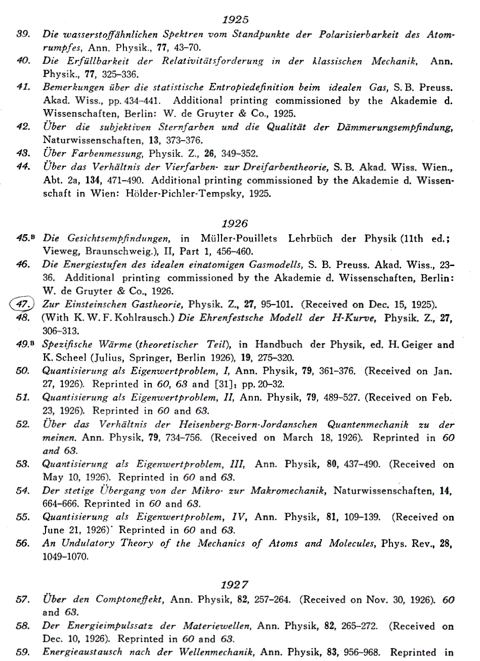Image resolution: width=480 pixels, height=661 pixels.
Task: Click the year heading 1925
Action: click(x=235, y=20)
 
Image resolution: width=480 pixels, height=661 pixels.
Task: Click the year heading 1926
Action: click(x=235, y=223)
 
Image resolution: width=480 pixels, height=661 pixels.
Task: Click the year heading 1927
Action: click(x=235, y=585)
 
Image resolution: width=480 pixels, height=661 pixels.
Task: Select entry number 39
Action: click(x=24, y=35)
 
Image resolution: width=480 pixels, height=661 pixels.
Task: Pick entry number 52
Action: click(x=23, y=424)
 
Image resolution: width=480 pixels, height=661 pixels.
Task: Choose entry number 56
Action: click(x=23, y=544)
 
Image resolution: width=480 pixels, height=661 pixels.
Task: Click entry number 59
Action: click(x=23, y=652)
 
